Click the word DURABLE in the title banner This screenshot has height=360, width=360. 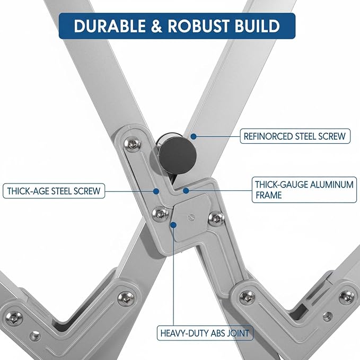[x=110, y=25]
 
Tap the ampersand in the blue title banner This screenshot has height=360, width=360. [x=157, y=25]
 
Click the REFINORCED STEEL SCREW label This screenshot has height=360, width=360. [x=295, y=136]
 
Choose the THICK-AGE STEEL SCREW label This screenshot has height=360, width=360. [x=54, y=191]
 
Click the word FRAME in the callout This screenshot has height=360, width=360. [x=269, y=195]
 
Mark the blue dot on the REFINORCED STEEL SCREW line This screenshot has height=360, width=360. [x=194, y=136]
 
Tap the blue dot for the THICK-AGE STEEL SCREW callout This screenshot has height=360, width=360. [x=156, y=191]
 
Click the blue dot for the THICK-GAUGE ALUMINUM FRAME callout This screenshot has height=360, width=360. [x=186, y=190]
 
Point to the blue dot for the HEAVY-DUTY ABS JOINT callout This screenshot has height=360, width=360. [x=173, y=225]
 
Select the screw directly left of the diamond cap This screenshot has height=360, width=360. [x=160, y=214]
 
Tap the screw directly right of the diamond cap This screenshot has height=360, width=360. [x=216, y=218]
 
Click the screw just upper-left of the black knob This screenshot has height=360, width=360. [x=133, y=144]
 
